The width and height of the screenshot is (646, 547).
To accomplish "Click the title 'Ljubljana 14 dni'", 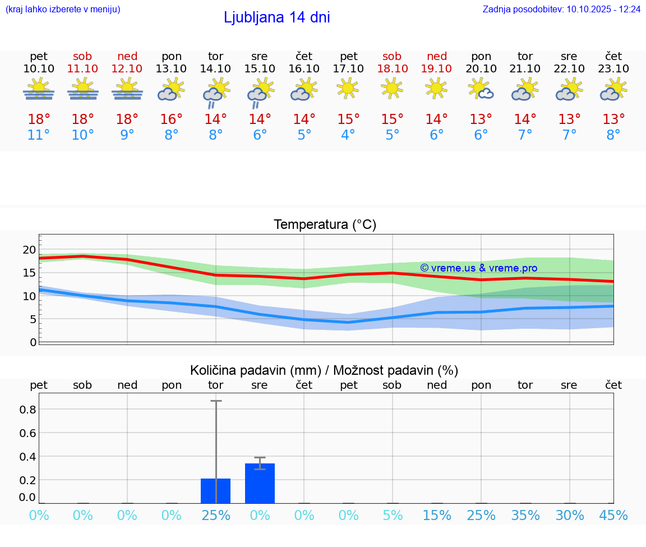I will click(x=276, y=17).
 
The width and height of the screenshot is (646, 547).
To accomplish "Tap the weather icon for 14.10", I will click(x=215, y=93).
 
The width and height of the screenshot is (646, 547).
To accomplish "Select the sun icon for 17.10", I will click(x=348, y=88).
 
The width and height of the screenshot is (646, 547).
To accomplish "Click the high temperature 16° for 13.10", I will click(x=171, y=119).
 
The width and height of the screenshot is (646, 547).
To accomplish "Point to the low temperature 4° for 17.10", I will click(x=348, y=135).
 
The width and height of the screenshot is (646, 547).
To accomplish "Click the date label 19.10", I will click(x=436, y=68).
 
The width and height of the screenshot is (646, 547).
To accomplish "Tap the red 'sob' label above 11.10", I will click(x=82, y=56).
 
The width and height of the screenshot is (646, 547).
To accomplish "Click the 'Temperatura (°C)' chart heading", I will click(x=325, y=225).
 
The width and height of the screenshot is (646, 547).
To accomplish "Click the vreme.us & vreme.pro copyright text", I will click(x=478, y=268).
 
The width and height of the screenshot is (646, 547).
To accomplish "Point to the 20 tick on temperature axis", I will click(x=29, y=250).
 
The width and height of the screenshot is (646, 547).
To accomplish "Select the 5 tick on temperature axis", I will click(x=33, y=319).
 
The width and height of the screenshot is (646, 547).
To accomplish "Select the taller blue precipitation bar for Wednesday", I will click(x=260, y=483).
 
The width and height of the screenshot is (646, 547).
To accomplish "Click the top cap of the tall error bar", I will click(x=216, y=401).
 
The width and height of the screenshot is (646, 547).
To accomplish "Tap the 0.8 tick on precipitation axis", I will click(x=28, y=410).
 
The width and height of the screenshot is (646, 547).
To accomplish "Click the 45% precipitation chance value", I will click(x=613, y=516).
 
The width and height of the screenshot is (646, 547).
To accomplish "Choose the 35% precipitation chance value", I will click(x=525, y=516).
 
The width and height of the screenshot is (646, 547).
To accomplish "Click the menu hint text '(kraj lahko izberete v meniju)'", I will click(x=63, y=10).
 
